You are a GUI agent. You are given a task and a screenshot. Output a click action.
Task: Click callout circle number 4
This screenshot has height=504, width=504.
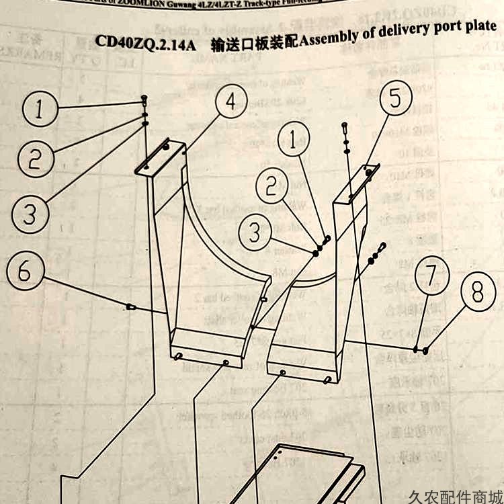[x=230, y=103]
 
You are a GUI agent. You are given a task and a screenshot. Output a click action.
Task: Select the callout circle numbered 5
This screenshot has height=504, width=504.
[x=395, y=98]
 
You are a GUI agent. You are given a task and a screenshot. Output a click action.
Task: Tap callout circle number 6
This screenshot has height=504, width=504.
[x=25, y=272]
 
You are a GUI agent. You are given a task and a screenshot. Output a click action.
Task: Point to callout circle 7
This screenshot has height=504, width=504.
[x=431, y=276]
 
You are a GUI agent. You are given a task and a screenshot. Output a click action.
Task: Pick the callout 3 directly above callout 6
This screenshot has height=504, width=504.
[x=29, y=215]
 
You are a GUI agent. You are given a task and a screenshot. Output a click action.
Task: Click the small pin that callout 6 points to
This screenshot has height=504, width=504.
[x=131, y=307]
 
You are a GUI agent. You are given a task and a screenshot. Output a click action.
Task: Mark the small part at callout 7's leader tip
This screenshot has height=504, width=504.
[x=417, y=348]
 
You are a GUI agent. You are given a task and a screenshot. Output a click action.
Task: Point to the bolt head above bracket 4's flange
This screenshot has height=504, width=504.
[x=144, y=99]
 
